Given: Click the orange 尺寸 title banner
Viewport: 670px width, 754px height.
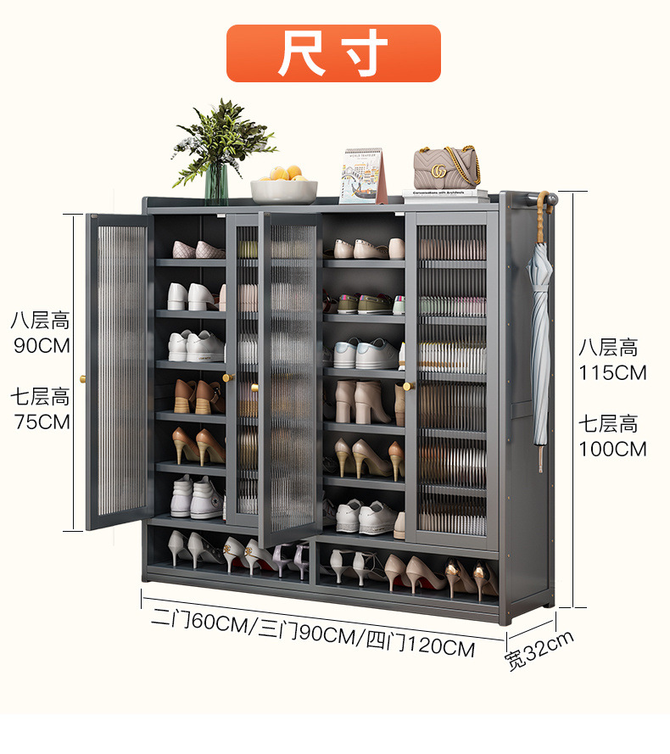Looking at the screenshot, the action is click(333, 53).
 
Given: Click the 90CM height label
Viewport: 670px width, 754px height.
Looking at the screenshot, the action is click(42, 346).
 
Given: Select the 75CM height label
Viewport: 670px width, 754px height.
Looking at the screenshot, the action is click(42, 422).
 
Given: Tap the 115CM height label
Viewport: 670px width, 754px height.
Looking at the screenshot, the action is click(612, 372).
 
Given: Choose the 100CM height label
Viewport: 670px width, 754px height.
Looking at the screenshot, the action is click(612, 449).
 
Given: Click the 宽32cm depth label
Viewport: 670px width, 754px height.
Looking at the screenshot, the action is click(539, 651).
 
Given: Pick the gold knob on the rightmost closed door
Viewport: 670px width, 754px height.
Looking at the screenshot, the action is click(407, 386).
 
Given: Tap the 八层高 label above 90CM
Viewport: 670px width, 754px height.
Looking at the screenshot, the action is click(40, 321).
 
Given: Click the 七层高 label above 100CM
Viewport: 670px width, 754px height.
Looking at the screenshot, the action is click(608, 423).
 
